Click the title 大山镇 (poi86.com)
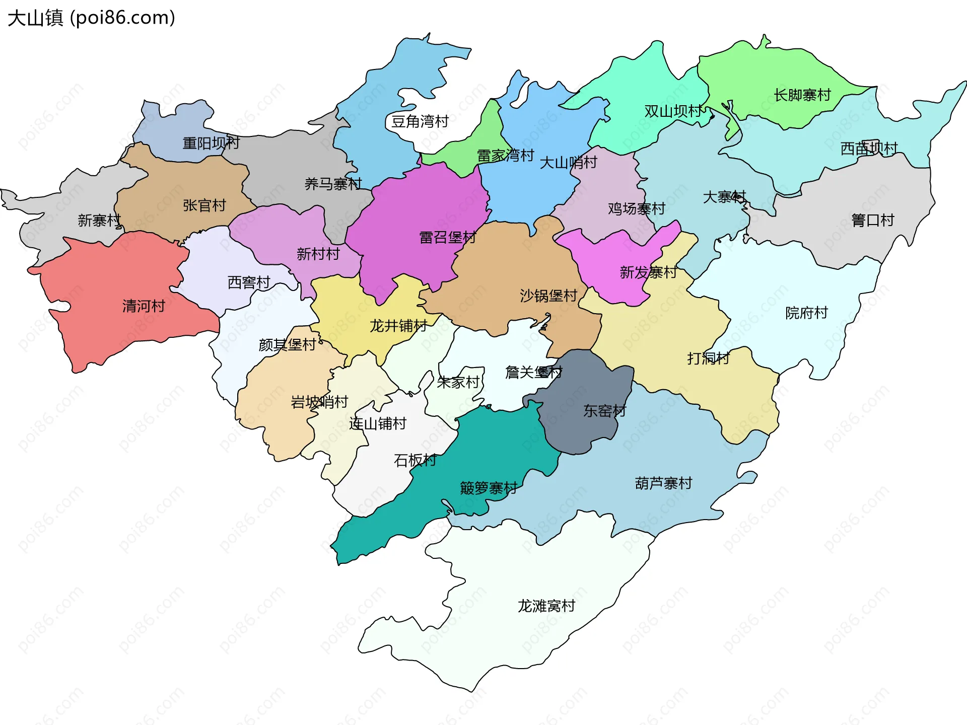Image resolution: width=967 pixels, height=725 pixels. pyautogui.click(x=91, y=18)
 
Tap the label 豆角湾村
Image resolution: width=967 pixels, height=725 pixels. pyautogui.click(x=420, y=121)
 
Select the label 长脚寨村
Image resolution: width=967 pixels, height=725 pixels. pyautogui.click(x=802, y=95)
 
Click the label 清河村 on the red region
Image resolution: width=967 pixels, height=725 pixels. pyautogui.click(x=144, y=306)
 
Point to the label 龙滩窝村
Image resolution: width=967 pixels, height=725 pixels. pyautogui.click(x=546, y=606)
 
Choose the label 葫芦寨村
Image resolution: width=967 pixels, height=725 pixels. pyautogui.click(x=663, y=483)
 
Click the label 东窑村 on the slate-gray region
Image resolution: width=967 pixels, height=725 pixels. pyautogui.click(x=604, y=411)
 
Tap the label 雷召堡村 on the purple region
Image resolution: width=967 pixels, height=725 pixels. pyautogui.click(x=448, y=237)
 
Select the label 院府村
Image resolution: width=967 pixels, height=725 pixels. pyautogui.click(x=806, y=313)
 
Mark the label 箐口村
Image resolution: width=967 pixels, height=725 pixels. pyautogui.click(x=872, y=220)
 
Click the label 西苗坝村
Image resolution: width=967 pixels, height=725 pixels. pyautogui.click(x=869, y=148)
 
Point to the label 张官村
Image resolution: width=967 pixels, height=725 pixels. pyautogui.click(x=204, y=205)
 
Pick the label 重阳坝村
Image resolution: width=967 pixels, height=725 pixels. pyautogui.click(x=211, y=143)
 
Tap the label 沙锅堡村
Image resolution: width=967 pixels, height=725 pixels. pyautogui.click(x=548, y=296)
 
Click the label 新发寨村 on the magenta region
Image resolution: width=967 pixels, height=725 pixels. pyautogui.click(x=648, y=272)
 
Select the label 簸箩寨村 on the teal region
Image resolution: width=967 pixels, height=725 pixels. pyautogui.click(x=489, y=488)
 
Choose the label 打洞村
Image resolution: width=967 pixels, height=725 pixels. pyautogui.click(x=708, y=358)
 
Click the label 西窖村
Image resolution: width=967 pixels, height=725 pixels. pyautogui.click(x=249, y=282)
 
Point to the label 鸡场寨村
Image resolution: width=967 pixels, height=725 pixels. pyautogui.click(x=637, y=208)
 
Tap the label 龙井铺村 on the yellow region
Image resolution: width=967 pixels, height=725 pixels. pyautogui.click(x=398, y=326)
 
